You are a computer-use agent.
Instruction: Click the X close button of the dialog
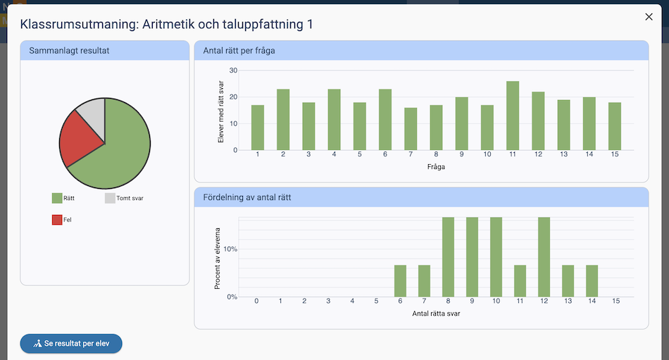[649, 17]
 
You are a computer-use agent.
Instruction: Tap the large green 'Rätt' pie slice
[123, 141]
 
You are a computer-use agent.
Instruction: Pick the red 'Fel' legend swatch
[57, 220]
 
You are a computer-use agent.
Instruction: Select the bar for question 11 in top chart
[513, 116]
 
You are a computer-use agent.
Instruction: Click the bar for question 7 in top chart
[411, 129]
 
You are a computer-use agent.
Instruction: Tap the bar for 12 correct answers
[544, 257]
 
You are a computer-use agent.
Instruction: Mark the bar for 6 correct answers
[400, 281]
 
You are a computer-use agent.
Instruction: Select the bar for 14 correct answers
[592, 281]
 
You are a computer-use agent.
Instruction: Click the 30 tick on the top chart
[233, 70]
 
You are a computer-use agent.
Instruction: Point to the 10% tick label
[231, 249]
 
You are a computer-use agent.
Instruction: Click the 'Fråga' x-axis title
[436, 167]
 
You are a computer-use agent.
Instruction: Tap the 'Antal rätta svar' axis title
[436, 314]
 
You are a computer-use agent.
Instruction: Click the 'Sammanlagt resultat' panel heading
[69, 51]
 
